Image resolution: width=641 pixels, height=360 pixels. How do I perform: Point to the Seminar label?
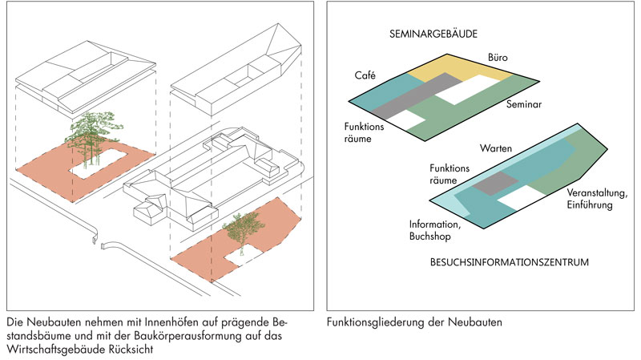[524, 104]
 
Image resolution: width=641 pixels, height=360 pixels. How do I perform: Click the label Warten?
[496, 150]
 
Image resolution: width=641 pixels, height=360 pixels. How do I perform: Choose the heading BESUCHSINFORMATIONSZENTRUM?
[498, 261]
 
